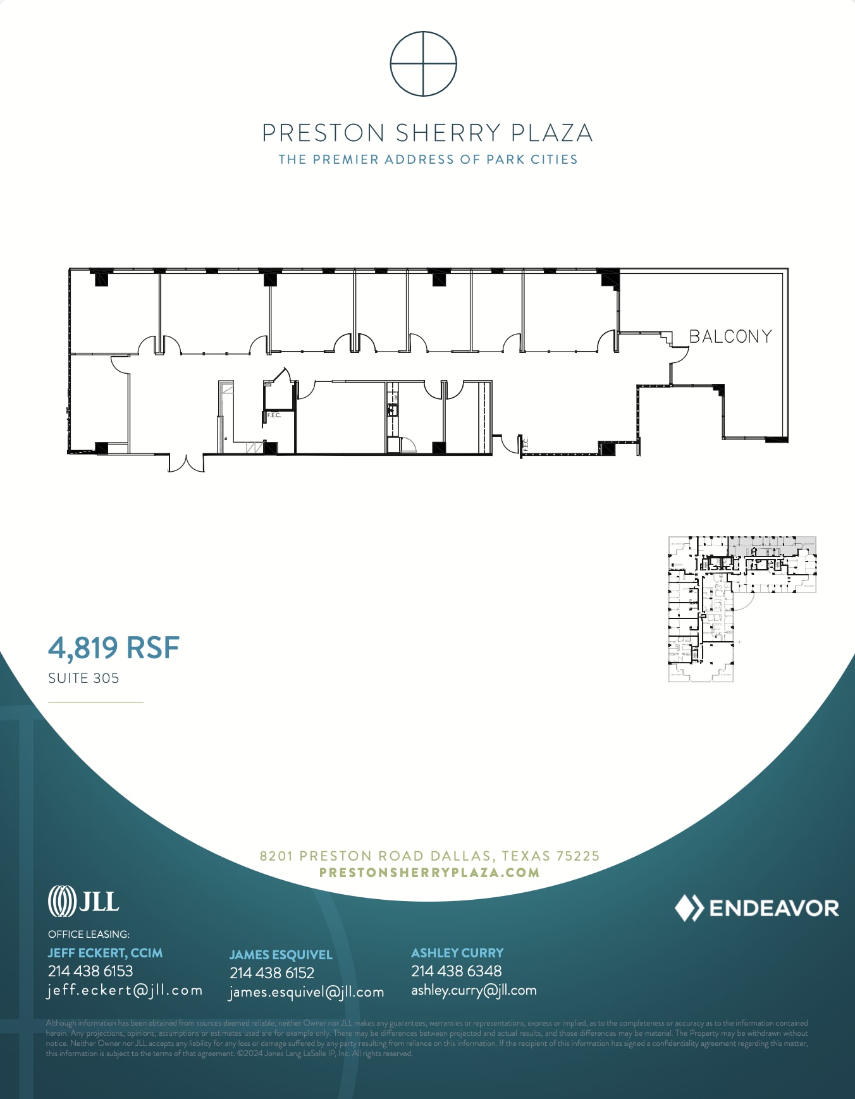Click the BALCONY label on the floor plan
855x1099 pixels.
pyautogui.click(x=730, y=336)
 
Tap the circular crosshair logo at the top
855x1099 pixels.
pyautogui.click(x=423, y=64)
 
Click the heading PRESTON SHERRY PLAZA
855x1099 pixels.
pyautogui.click(x=427, y=133)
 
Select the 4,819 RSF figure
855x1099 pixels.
pyautogui.click(x=114, y=648)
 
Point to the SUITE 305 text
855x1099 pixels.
pyautogui.click(x=83, y=678)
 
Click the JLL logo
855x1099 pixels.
pyautogui.click(x=83, y=901)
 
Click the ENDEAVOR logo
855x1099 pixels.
pyautogui.click(x=756, y=908)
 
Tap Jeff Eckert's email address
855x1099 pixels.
pyautogui.click(x=125, y=990)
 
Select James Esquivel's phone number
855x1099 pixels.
pyautogui.click(x=272, y=973)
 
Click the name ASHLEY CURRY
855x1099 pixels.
pyautogui.click(x=457, y=952)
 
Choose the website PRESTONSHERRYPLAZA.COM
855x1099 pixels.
pyautogui.click(x=429, y=873)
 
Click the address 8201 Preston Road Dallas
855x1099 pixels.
pyautogui.click(x=429, y=856)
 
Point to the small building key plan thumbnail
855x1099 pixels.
pyautogui.click(x=742, y=609)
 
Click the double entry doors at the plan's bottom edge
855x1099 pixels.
pyautogui.click(x=186, y=463)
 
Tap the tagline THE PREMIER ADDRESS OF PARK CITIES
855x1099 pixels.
pyautogui.click(x=428, y=159)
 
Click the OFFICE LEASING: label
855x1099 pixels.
pyautogui.click(x=89, y=934)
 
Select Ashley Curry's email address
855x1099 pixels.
pyautogui.click(x=474, y=990)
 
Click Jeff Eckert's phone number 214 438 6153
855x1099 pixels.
pyautogui.click(x=90, y=971)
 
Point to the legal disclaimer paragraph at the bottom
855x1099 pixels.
pyautogui.click(x=427, y=1038)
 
